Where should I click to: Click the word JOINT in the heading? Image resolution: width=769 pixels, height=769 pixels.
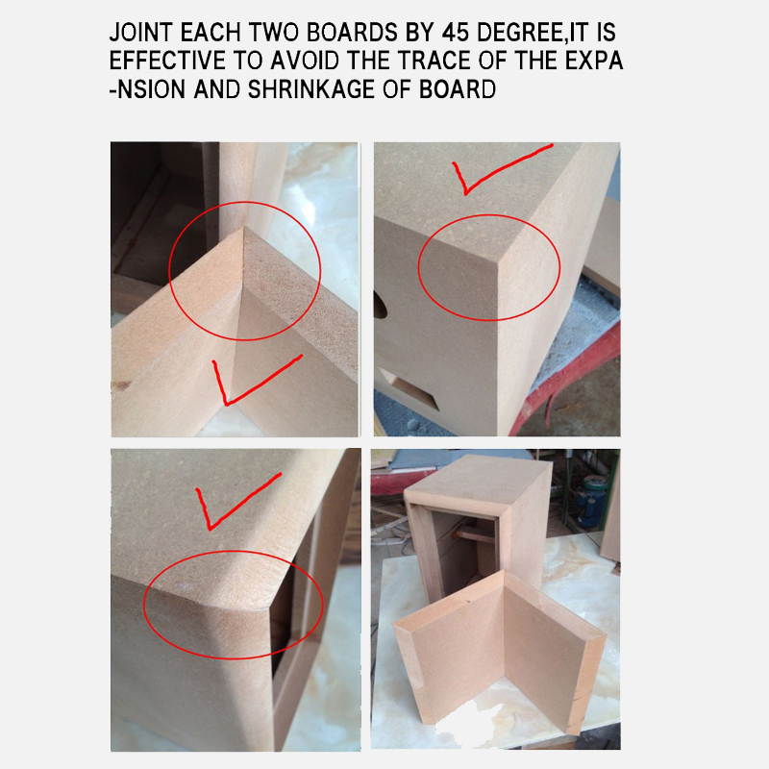pos(140,33)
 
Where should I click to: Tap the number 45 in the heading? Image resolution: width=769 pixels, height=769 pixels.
pos(456,33)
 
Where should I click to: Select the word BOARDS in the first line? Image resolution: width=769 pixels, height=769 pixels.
pos(352,33)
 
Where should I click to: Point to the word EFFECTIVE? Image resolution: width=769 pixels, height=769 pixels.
pos(167,61)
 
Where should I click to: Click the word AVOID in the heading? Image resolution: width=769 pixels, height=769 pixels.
pos(305,61)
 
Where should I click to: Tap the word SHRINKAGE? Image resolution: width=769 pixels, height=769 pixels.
pos(310,89)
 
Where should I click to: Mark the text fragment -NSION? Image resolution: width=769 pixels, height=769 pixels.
pos(147,89)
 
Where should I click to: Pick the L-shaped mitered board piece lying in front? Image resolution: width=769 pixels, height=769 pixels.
pos(500,653)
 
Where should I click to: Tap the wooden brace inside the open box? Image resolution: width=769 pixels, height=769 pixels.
pos(472,534)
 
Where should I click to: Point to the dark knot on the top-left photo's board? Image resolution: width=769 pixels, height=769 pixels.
pos(121,386)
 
